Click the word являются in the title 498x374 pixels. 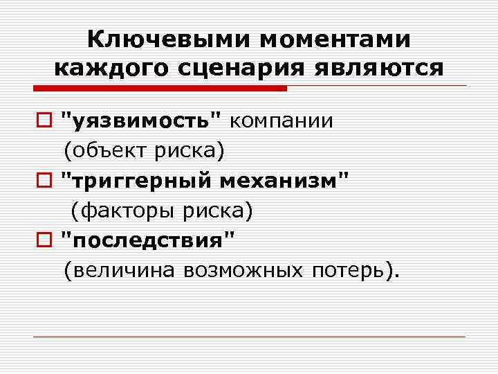[380, 68]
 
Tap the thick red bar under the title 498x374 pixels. [158, 89]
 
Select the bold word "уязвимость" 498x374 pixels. [141, 121]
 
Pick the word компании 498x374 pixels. [281, 121]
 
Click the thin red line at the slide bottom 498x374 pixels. [249, 337]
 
